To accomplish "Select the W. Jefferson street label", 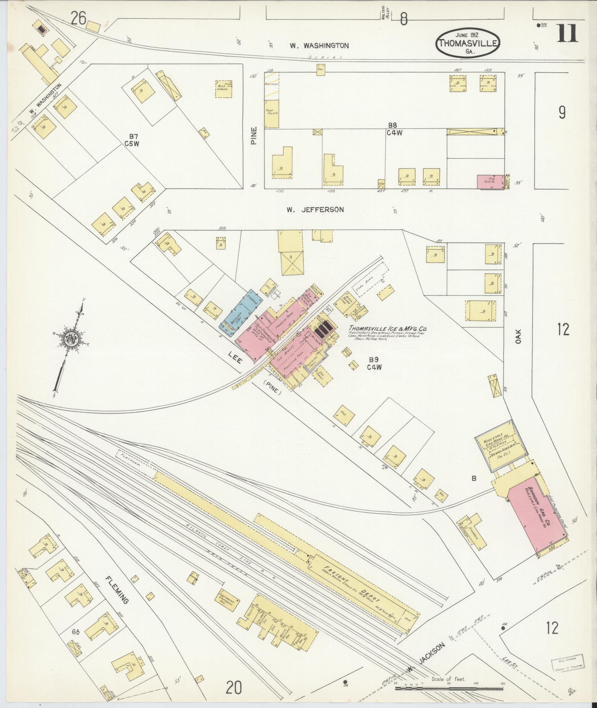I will tap(315, 209).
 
